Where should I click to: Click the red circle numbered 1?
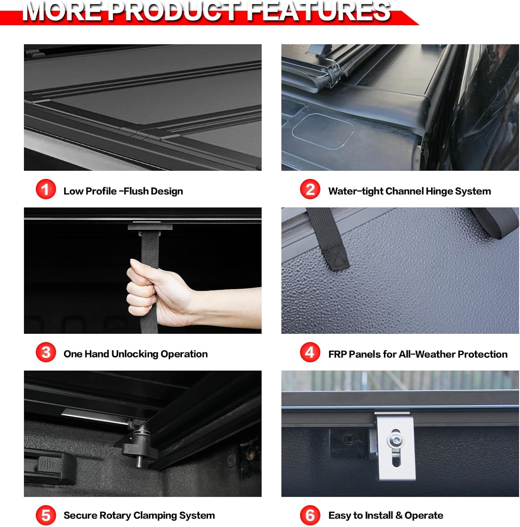tap(46, 189)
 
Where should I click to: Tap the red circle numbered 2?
tap(310, 189)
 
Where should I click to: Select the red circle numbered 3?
tap(46, 352)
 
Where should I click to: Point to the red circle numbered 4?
tap(310, 352)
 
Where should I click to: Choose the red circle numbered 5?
tap(46, 515)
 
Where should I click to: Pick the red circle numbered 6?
tap(310, 515)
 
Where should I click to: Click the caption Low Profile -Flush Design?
tap(123, 191)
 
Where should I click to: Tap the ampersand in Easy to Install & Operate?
tap(399, 515)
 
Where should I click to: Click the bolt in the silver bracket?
tap(395, 439)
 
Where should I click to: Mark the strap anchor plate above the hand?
tap(150, 227)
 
